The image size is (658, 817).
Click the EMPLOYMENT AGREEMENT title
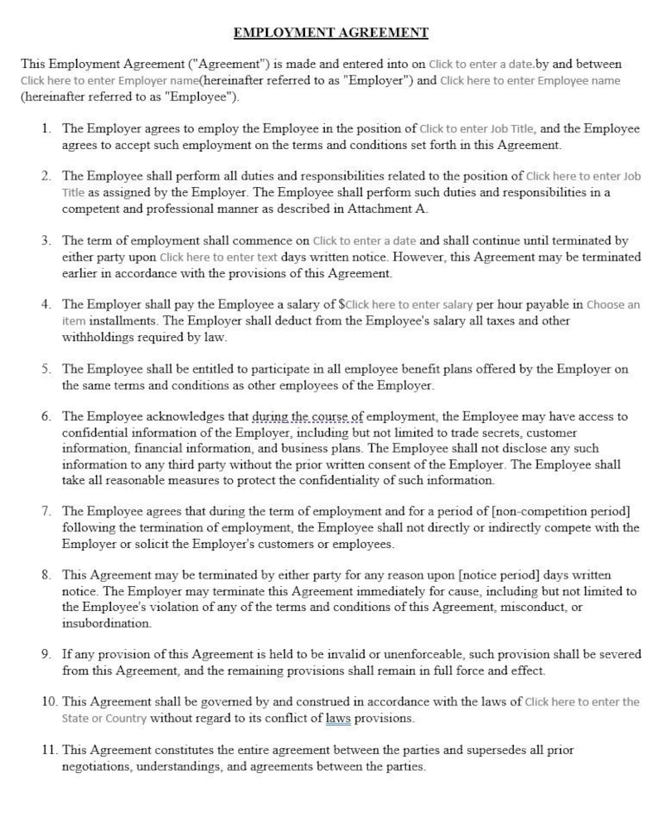(330, 33)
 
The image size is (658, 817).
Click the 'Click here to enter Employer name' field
(109, 81)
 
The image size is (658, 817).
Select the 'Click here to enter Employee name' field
(530, 81)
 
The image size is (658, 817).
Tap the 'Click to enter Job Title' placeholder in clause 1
(477, 129)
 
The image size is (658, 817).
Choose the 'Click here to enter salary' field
(409, 305)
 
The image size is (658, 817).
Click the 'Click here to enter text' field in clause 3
(219, 257)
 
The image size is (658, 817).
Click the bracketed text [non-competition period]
(561, 512)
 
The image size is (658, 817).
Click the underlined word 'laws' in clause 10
(338, 718)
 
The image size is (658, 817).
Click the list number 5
(46, 369)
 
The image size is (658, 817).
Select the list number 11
(49, 750)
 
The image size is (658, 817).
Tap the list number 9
(46, 655)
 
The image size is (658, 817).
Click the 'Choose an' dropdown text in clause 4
(612, 305)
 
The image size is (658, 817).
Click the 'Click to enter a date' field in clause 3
(365, 241)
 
